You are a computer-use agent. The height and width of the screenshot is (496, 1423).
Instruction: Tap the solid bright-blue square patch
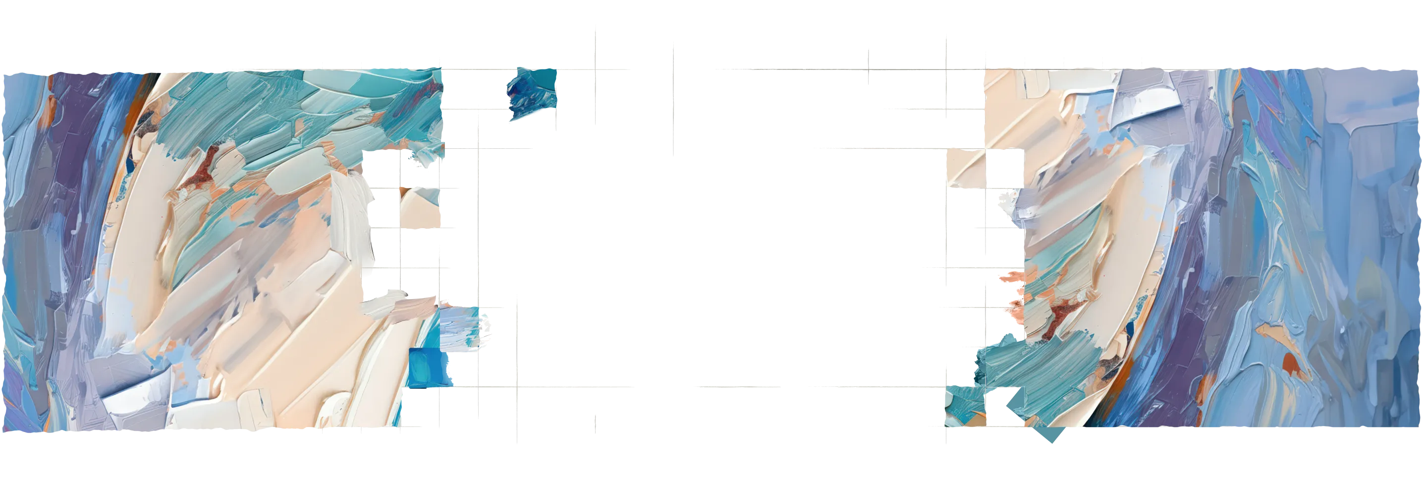pyautogui.click(x=429, y=367)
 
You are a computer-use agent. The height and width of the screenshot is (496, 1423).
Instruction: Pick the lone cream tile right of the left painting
pyautogui.click(x=420, y=208)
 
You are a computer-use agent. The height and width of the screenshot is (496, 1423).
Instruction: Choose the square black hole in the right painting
pyautogui.click(x=1004, y=168)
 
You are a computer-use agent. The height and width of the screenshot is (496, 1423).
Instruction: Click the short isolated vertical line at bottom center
pyautogui.click(x=596, y=424)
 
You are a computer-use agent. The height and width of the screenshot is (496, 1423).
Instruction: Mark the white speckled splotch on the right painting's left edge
pyautogui.click(x=1009, y=201)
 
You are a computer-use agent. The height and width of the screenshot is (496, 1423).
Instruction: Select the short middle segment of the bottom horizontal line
pyautogui.click(x=739, y=387)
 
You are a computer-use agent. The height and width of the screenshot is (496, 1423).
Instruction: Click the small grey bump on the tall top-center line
pyautogui.click(x=673, y=108)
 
